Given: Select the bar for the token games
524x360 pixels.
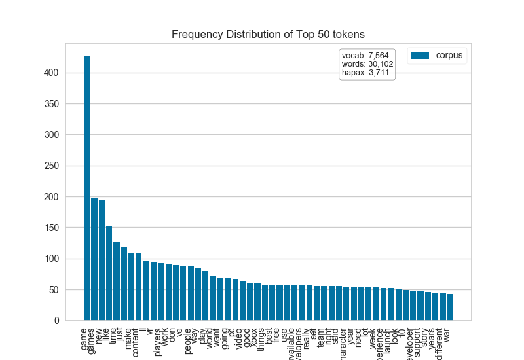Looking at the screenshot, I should point(94,259).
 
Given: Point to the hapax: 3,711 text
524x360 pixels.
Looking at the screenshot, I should point(365,73).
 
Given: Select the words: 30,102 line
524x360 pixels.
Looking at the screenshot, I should point(367,64).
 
